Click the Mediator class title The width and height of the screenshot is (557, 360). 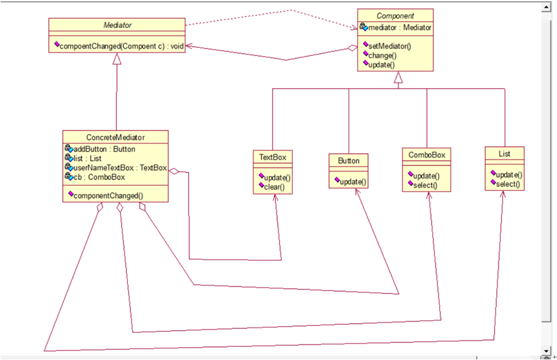tap(118, 25)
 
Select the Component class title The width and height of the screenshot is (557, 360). tap(395, 16)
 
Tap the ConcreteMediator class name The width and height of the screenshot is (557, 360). tap(116, 138)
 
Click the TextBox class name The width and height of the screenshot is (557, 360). tap(273, 157)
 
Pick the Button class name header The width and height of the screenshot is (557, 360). tap(349, 161)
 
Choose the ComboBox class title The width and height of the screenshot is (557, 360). tap(427, 155)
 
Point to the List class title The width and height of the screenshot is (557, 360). tap(504, 154)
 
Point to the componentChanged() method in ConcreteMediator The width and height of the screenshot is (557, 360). tap(106, 196)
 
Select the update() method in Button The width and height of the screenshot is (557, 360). tap(351, 182)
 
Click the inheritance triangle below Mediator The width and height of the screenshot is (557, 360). tap(117, 59)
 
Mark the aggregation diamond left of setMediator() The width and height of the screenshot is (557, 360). tap(353, 48)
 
